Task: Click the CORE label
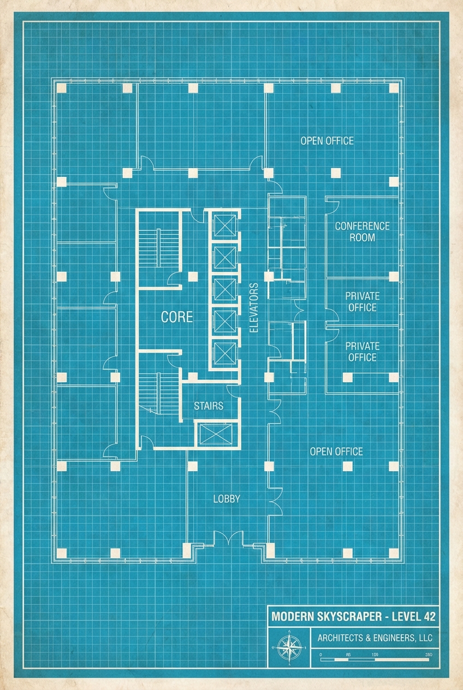(x=176, y=317)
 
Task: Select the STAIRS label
(x=209, y=406)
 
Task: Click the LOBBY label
(x=226, y=498)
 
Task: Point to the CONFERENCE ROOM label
(x=362, y=231)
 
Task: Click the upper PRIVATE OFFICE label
(x=362, y=302)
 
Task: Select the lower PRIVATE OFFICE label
(x=362, y=352)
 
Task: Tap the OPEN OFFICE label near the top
(x=327, y=141)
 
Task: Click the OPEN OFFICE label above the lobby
(x=336, y=451)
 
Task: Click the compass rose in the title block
(x=288, y=647)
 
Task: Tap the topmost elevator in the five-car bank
(x=224, y=226)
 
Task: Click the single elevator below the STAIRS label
(x=217, y=435)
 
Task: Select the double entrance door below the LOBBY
(x=228, y=539)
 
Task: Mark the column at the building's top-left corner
(x=61, y=88)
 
